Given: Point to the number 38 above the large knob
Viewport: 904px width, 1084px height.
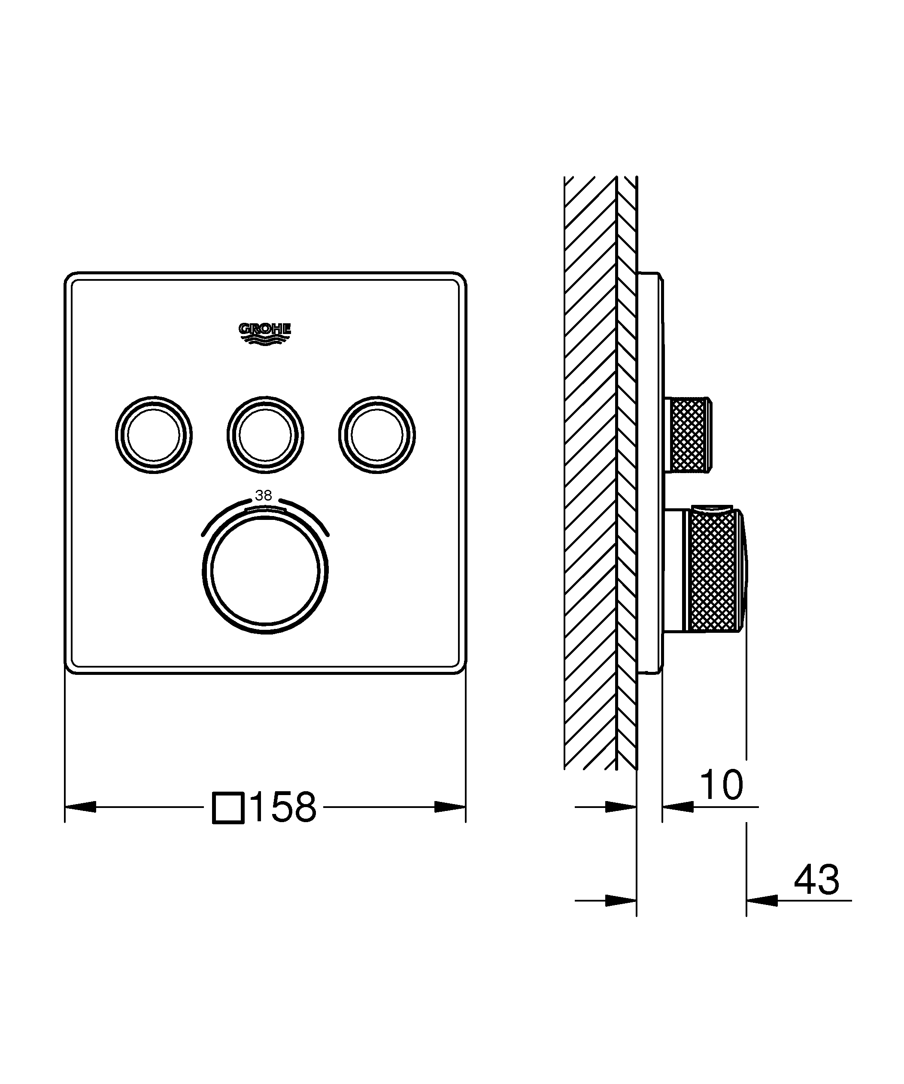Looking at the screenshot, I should pyautogui.click(x=264, y=495).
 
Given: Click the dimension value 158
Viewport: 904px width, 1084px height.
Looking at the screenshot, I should pyautogui.click(x=284, y=808).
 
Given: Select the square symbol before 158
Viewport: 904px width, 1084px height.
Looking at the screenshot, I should pyautogui.click(x=228, y=808).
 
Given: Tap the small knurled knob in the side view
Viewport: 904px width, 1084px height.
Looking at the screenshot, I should pyautogui.click(x=689, y=434).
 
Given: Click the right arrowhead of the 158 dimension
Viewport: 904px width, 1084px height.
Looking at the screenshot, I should pyautogui.click(x=450, y=807).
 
